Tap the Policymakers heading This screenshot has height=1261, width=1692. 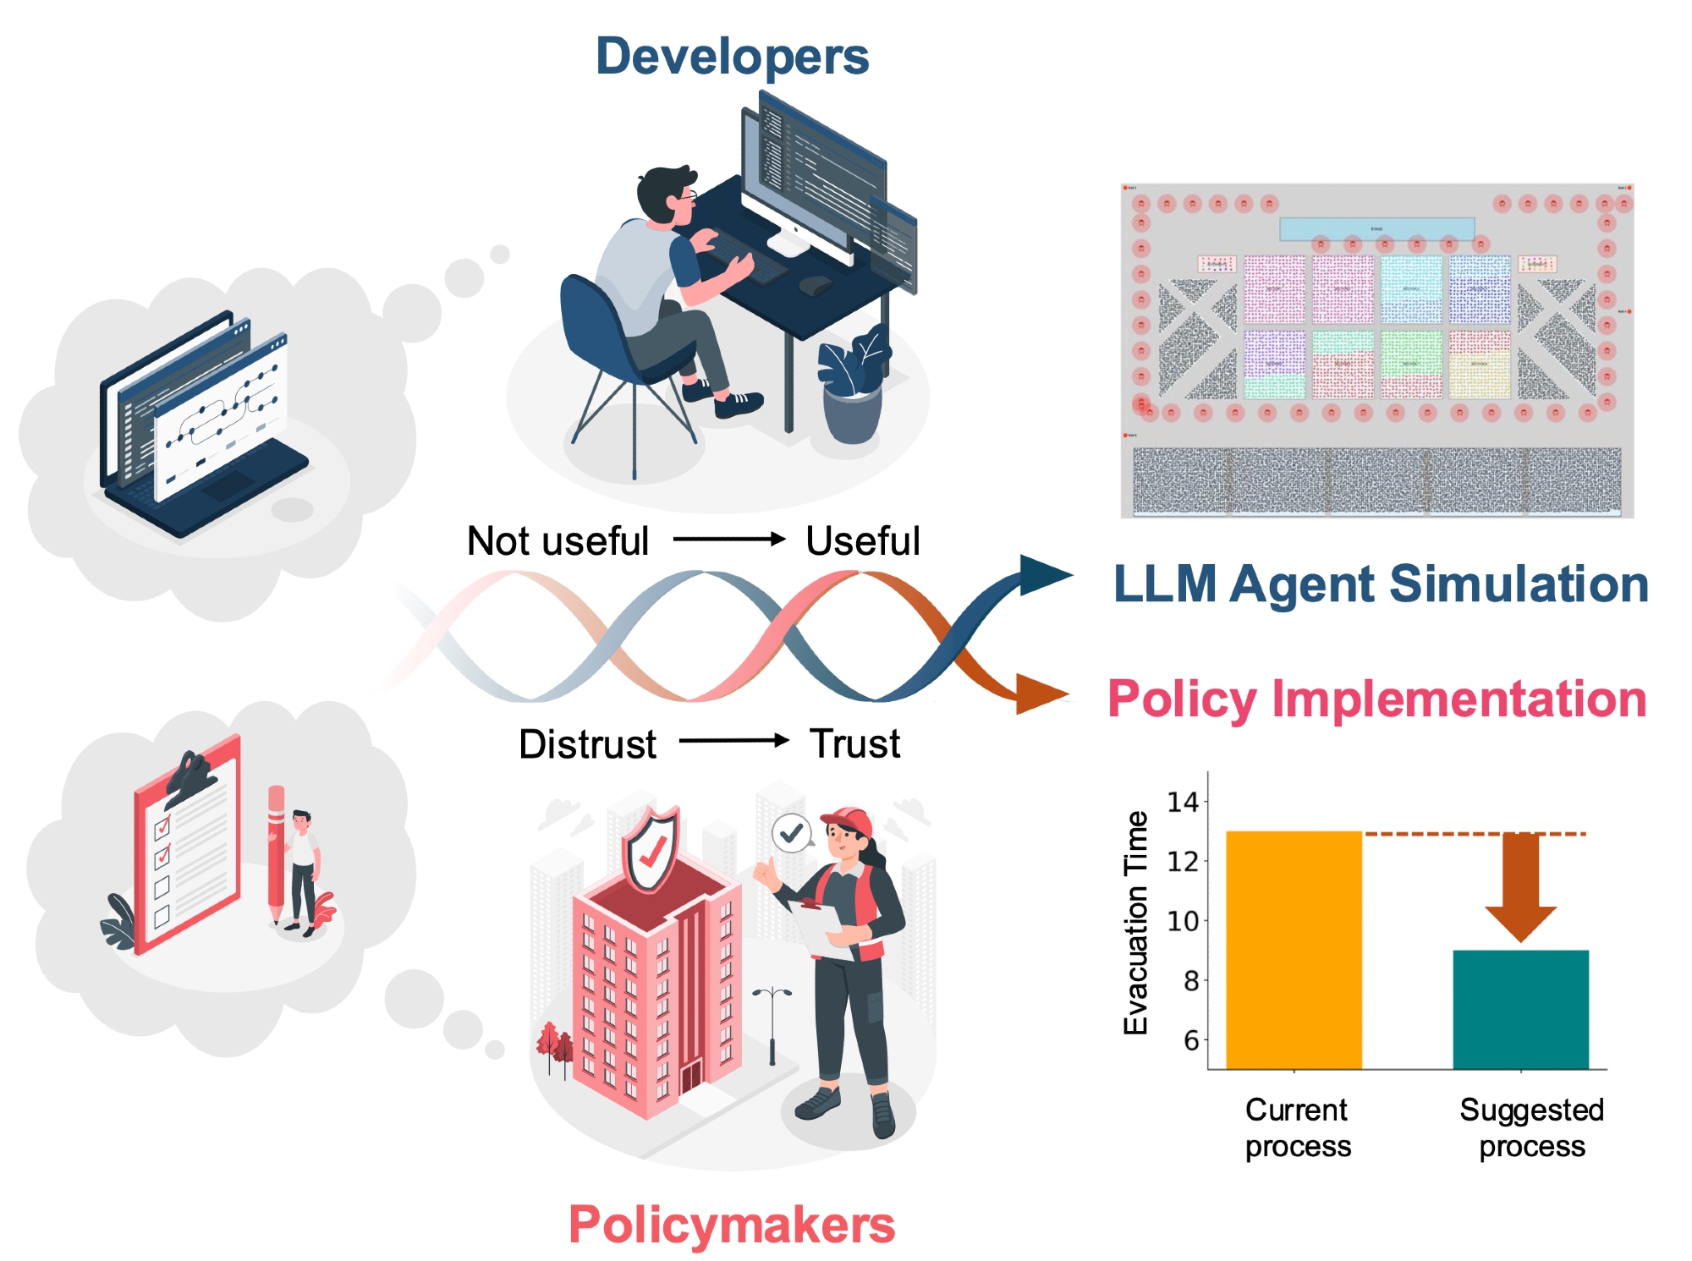pyautogui.click(x=732, y=1224)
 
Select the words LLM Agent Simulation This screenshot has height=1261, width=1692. pyautogui.click(x=1381, y=584)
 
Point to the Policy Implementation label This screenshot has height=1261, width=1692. pyautogui.click(x=1376, y=699)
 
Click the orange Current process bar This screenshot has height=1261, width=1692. pyautogui.click(x=1294, y=950)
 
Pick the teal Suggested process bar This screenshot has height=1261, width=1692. pyautogui.click(x=1520, y=1009)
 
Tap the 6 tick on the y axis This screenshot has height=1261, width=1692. pyautogui.click(x=1191, y=1039)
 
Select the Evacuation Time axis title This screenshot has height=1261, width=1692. pyautogui.click(x=1135, y=922)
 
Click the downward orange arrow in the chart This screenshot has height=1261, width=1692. pyautogui.click(x=1520, y=888)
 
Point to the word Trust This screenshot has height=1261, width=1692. pyautogui.click(x=855, y=743)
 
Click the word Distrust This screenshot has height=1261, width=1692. pyautogui.click(x=587, y=744)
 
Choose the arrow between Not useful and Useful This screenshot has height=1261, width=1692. pyautogui.click(x=729, y=540)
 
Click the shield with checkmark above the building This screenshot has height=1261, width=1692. pyautogui.click(x=650, y=850)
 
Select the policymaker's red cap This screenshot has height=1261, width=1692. pyautogui.click(x=849, y=820)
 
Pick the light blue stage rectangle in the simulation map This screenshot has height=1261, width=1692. pyautogui.click(x=1376, y=228)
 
